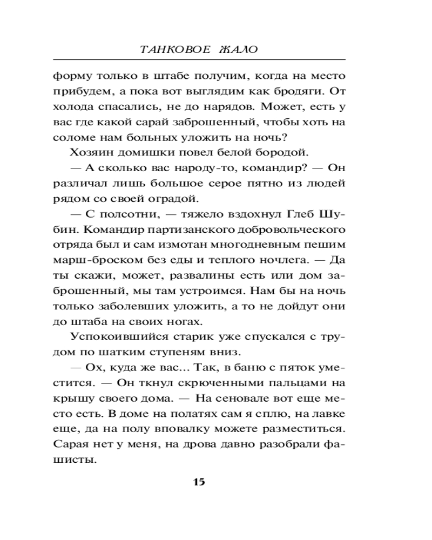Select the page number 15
pyautogui.click(x=199, y=482)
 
